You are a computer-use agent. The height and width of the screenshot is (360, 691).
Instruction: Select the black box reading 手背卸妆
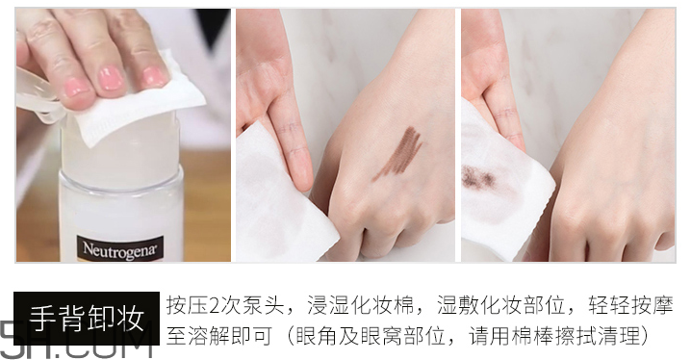(86, 317)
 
